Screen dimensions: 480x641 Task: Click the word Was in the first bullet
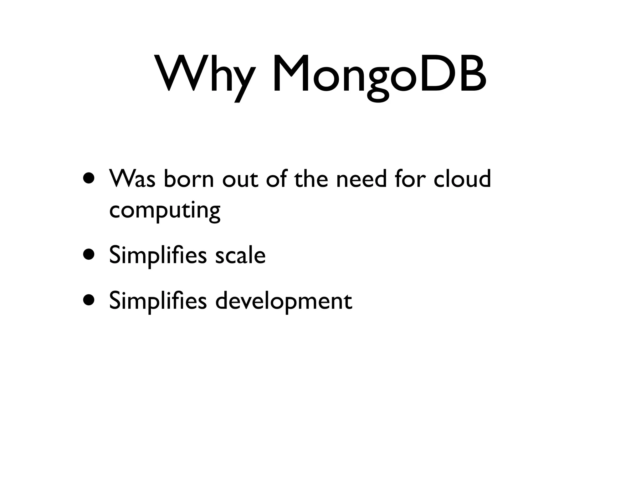click(132, 179)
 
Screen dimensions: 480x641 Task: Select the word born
click(188, 179)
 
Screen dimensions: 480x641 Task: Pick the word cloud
click(462, 179)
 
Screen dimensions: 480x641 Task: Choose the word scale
click(240, 255)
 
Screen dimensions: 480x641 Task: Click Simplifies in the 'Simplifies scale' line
click(158, 255)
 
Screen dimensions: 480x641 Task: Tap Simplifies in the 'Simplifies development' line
click(158, 301)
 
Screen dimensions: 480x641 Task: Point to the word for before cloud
click(410, 179)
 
